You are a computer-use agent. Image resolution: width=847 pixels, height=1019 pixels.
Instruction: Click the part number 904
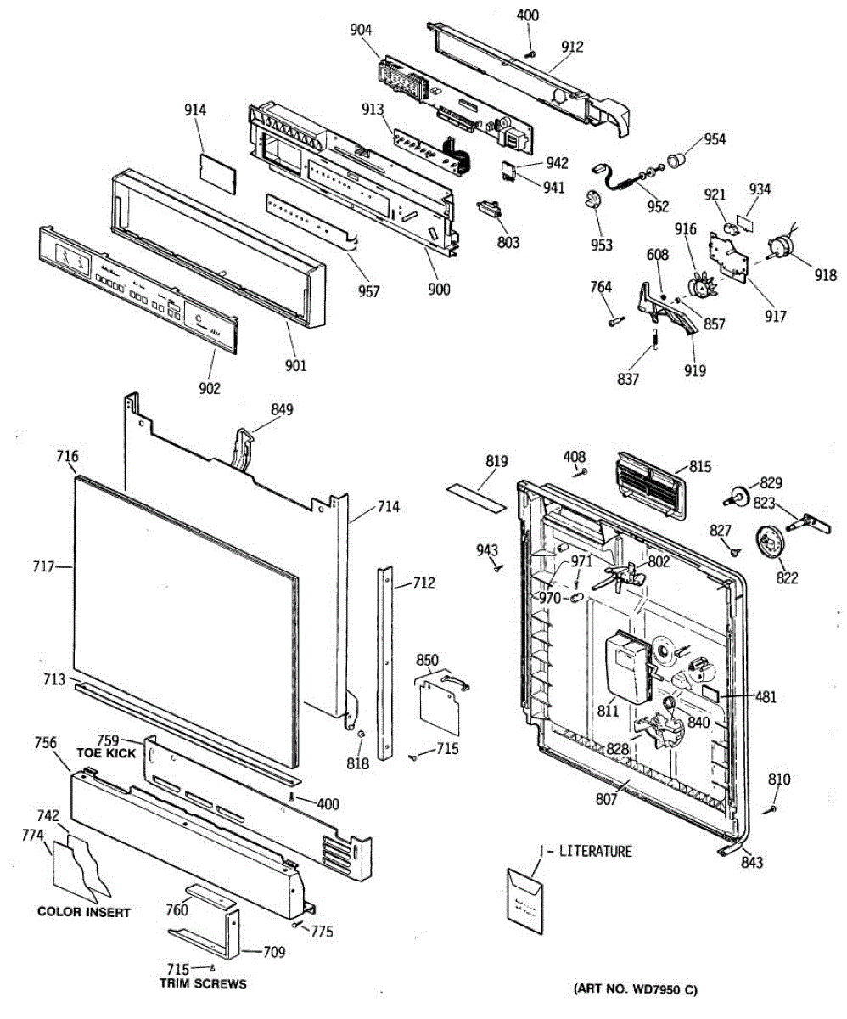[361, 30]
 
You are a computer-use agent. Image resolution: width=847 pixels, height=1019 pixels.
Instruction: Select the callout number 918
[825, 275]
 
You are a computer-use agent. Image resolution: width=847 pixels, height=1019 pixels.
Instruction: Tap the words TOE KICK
[106, 753]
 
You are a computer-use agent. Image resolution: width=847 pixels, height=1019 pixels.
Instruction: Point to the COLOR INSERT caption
[84, 912]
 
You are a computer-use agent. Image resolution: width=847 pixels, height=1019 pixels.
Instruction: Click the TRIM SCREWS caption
[203, 984]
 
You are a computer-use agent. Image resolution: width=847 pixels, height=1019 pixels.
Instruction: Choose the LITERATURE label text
[595, 851]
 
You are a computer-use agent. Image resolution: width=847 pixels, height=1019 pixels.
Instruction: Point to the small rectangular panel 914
[217, 174]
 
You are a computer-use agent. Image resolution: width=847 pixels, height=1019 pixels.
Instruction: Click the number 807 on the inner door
[607, 799]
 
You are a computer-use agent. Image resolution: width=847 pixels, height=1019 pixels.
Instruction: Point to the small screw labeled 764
[617, 321]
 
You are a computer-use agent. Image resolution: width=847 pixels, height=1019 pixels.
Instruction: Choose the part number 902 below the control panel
[210, 388]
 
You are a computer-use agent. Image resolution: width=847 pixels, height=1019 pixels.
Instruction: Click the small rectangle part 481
[710, 692]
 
